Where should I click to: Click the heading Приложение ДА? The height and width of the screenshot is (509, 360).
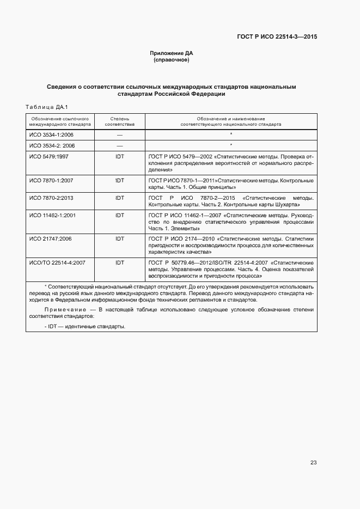coord(172,53)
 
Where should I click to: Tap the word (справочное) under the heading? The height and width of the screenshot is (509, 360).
coord(172,60)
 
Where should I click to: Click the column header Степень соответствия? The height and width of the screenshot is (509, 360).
coord(119,121)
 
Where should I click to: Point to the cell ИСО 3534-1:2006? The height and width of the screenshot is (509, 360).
coord(52,134)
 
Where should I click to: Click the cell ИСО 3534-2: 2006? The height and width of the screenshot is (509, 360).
coord(52,145)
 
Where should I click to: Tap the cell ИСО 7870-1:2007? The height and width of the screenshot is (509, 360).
coord(52,180)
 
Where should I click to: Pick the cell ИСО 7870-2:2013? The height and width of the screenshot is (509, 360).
coord(52,198)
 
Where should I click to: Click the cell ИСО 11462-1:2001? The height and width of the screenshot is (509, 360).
coord(53,216)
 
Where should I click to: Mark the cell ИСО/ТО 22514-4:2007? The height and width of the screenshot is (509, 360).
coord(57,262)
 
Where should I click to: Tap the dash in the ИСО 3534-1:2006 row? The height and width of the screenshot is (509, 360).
coord(119,134)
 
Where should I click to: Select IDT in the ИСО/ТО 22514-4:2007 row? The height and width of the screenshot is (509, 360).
coord(119,262)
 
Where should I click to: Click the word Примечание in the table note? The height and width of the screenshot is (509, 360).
coord(63,310)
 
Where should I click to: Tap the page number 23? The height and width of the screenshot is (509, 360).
coord(313,463)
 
